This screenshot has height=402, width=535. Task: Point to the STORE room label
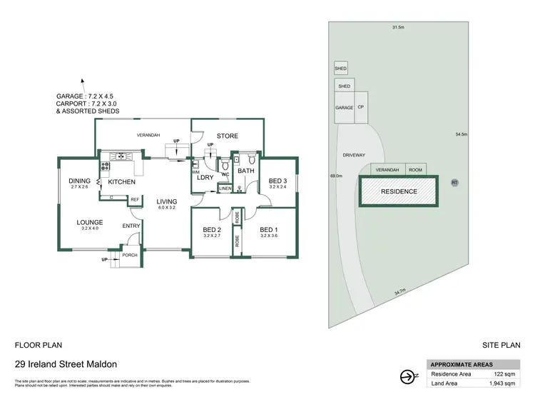point(227,136)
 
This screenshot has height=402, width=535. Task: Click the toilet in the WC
point(225,162)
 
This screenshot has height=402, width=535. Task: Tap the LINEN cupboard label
point(225,189)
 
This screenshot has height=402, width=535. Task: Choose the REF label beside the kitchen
point(134,200)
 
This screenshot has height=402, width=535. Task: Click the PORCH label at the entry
point(129,255)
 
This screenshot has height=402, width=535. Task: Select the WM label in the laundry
point(195,172)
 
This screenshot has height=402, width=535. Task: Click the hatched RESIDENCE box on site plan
point(399,191)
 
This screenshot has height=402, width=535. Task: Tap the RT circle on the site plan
point(454,183)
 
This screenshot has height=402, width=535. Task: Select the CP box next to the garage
point(361,107)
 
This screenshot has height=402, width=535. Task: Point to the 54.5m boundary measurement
point(462,134)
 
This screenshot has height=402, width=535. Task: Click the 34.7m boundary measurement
point(399,291)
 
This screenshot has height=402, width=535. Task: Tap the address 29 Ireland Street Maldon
point(66,363)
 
